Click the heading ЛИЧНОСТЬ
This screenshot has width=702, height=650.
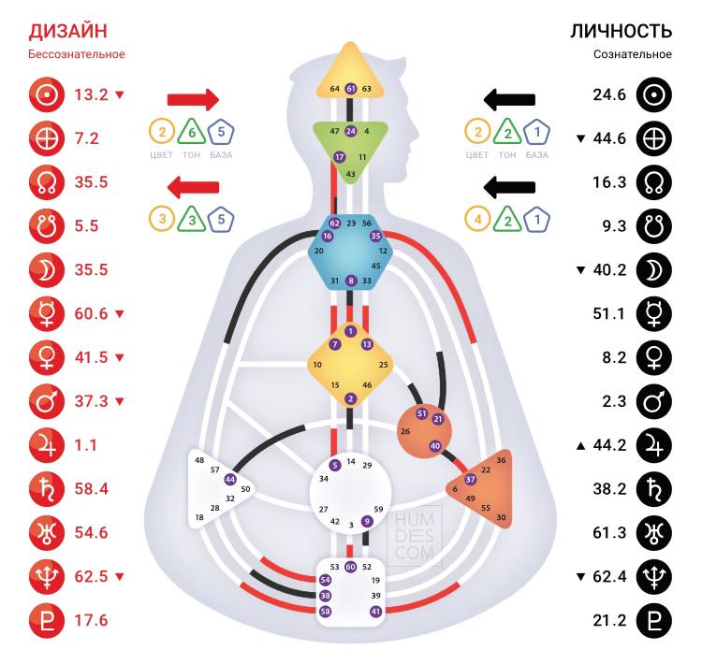(x=621, y=31)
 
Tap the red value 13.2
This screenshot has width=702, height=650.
(x=92, y=94)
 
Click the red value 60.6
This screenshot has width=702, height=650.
(x=92, y=313)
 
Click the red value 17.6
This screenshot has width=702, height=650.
(x=92, y=620)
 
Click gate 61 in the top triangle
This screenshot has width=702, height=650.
(x=351, y=89)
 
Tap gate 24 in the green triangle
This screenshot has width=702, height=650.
(x=351, y=131)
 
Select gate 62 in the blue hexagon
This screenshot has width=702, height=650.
(x=335, y=224)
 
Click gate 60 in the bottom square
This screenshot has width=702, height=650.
(x=351, y=567)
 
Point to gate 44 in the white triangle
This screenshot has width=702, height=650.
(x=230, y=479)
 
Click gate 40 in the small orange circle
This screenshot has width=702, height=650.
(x=435, y=446)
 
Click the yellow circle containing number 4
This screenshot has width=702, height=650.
(x=479, y=219)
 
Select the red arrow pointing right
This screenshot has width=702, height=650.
(x=193, y=98)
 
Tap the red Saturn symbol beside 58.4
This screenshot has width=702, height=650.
(x=44, y=488)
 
